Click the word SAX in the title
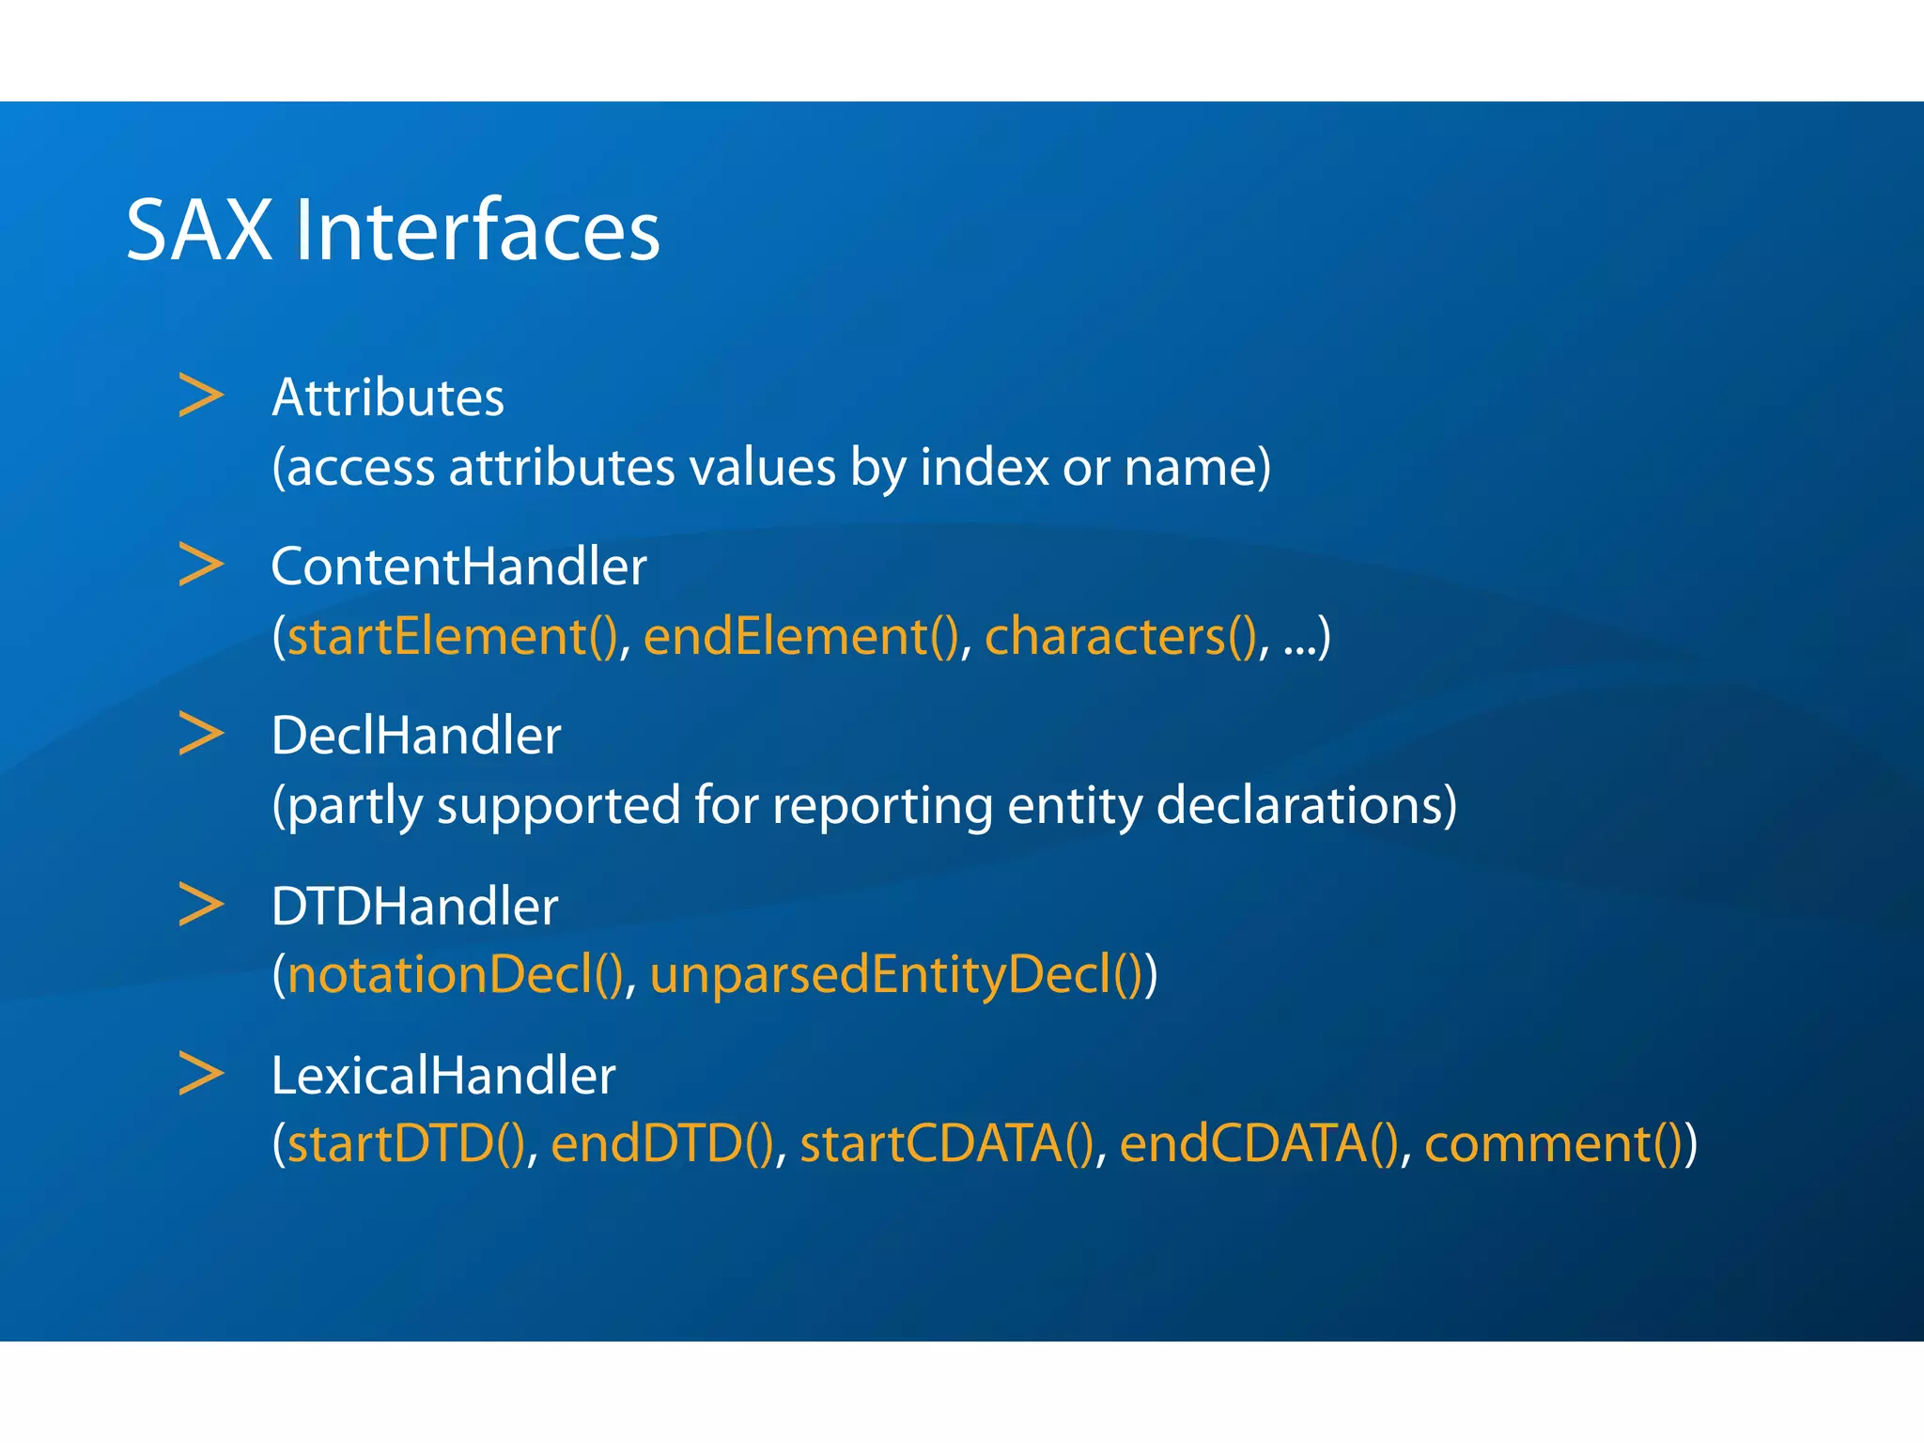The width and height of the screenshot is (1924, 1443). tap(198, 230)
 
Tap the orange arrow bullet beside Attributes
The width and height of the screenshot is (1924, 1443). tap(201, 396)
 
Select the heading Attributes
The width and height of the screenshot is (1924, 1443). tap(388, 397)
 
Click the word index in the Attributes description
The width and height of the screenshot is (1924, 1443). tap(984, 467)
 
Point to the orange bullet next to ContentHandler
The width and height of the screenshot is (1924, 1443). tap(201, 565)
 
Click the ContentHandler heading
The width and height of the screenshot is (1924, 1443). tap(458, 566)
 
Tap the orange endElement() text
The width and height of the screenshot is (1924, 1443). tap(801, 637)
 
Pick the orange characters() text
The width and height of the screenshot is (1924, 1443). tap(1121, 637)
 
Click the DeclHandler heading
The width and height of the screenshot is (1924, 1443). tap(415, 736)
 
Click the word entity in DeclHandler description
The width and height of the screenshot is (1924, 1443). tap(1074, 806)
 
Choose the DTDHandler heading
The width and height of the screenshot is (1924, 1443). tap(414, 907)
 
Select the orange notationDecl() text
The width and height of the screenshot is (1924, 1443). tap(456, 975)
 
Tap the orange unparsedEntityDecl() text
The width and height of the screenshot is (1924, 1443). tap(896, 975)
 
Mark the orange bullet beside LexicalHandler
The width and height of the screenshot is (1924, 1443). tap(201, 1074)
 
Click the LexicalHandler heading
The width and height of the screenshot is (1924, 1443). tap(442, 1076)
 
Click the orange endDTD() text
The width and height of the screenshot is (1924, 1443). tap(662, 1144)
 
